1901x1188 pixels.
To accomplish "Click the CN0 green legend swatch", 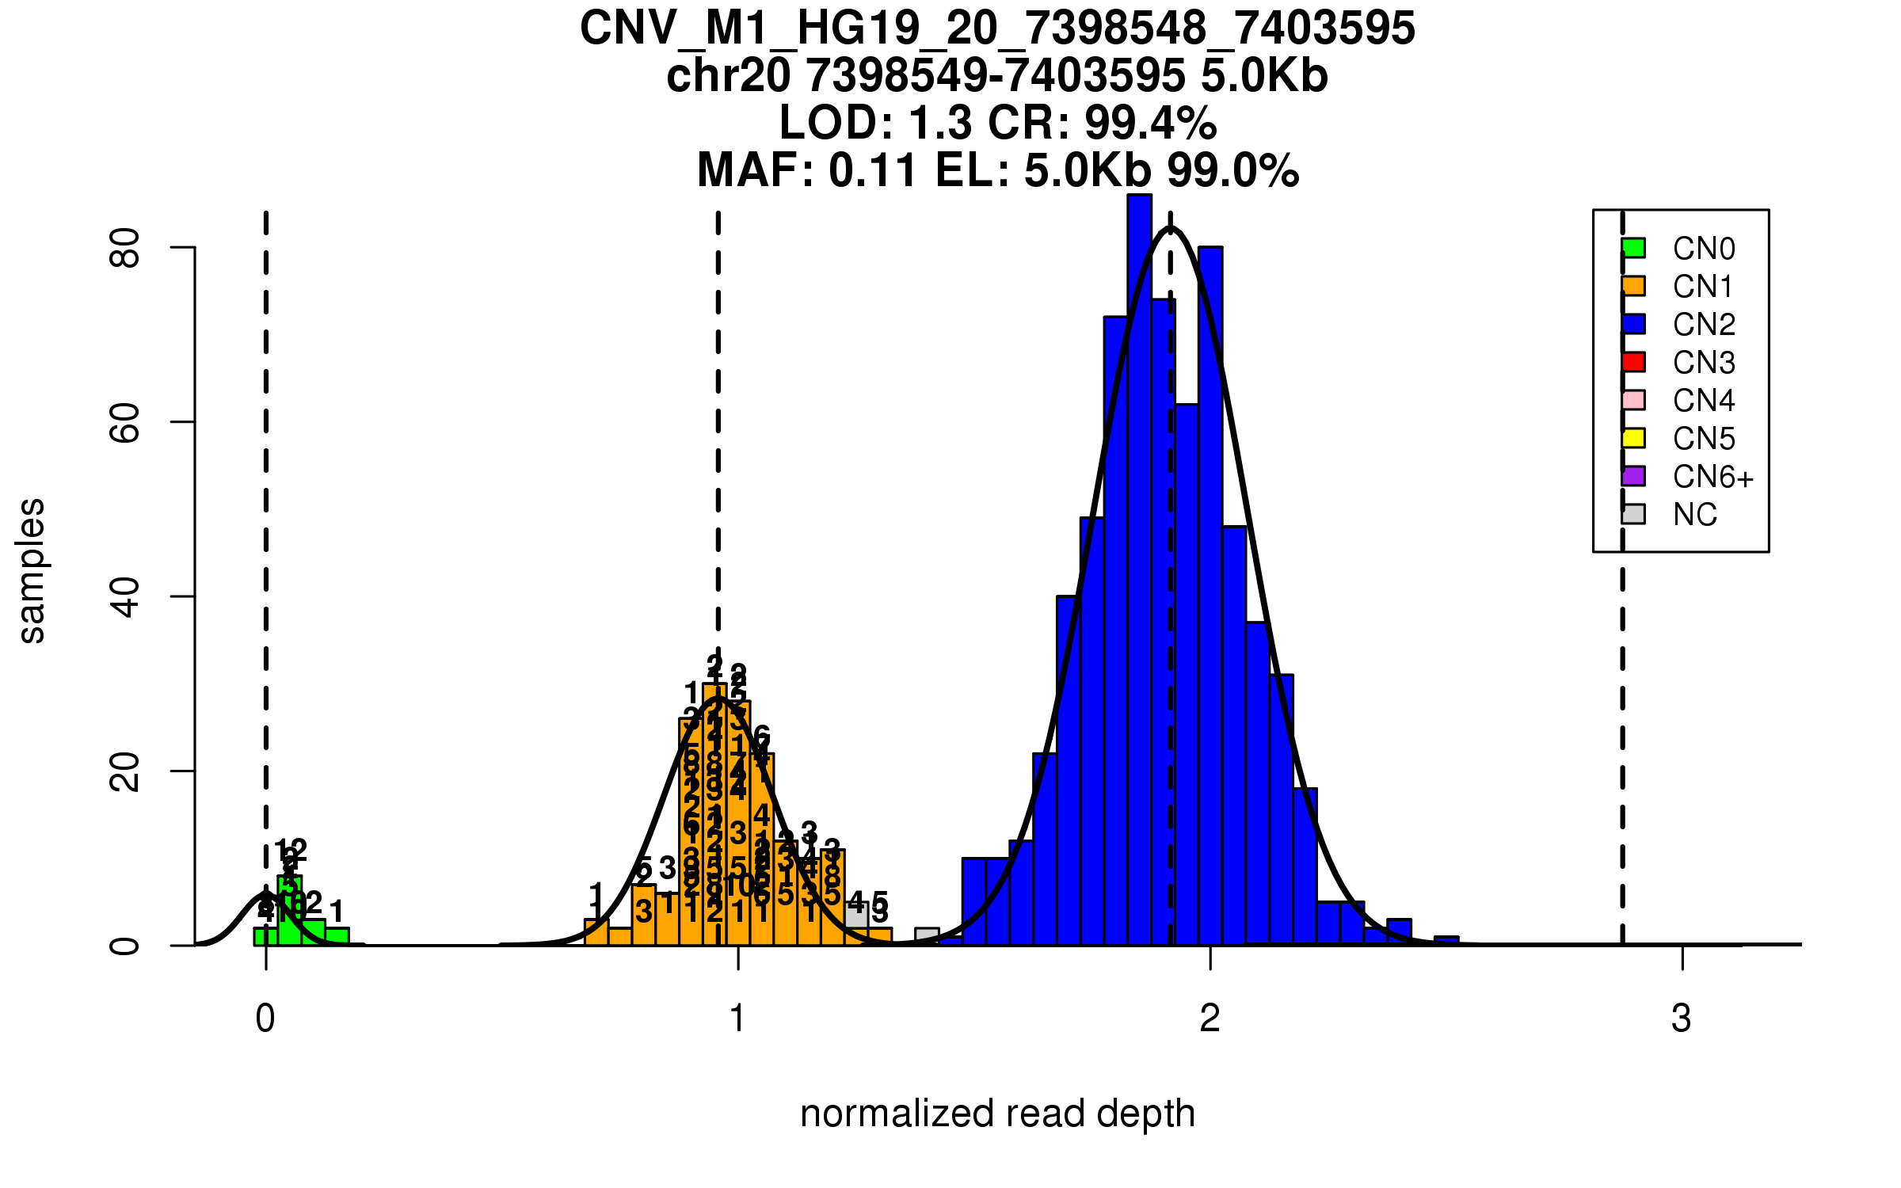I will click(x=1633, y=248).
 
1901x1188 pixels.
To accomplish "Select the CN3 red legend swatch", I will click(x=1633, y=362).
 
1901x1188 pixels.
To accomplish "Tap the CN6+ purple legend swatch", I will click(x=1633, y=476).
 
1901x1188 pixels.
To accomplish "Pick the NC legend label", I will click(x=1694, y=515).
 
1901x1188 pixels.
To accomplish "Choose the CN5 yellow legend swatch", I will click(x=1633, y=438).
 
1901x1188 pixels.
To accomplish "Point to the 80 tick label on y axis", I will click(x=125, y=248).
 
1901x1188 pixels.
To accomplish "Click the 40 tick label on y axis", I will click(x=125, y=596).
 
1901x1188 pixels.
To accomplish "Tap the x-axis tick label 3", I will click(x=1681, y=1019).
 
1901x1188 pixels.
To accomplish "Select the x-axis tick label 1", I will click(x=738, y=1019).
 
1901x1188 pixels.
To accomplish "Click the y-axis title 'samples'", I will click(x=32, y=570).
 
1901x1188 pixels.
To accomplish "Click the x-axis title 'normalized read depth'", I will click(x=997, y=1114).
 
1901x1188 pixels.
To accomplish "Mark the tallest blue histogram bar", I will click(x=1139, y=570).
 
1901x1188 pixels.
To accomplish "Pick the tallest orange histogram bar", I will click(x=714, y=816).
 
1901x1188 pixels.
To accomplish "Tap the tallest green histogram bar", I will click(x=289, y=911).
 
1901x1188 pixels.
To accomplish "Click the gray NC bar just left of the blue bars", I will click(x=927, y=935).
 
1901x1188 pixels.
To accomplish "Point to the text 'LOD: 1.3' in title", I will click(x=874, y=123).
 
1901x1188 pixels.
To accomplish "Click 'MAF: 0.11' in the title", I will click(x=808, y=170).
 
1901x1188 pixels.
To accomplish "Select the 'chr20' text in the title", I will click(x=728, y=76).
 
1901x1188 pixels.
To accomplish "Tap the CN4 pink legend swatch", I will click(x=1633, y=400).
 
